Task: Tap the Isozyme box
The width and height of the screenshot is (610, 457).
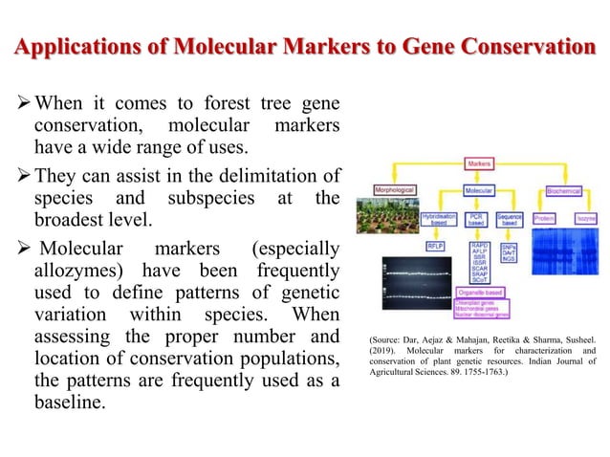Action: click(585, 218)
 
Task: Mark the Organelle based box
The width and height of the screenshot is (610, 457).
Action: click(484, 293)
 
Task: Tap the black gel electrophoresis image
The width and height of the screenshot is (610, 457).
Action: click(417, 282)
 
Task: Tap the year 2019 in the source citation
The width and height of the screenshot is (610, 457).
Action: click(382, 351)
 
